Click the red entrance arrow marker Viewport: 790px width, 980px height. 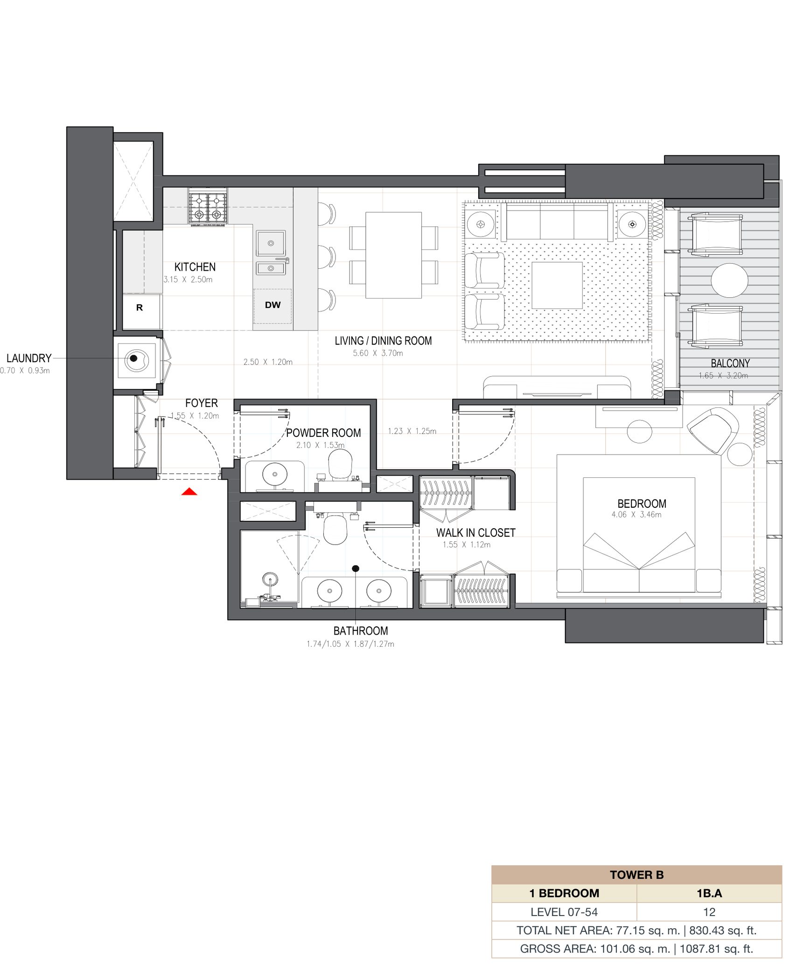[x=189, y=491]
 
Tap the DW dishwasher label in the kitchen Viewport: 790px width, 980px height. [x=273, y=305]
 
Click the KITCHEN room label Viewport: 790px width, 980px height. [x=195, y=267]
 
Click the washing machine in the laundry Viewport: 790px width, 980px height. [x=137, y=360]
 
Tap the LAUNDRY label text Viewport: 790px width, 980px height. [x=29, y=358]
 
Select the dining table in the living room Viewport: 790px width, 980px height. [x=394, y=255]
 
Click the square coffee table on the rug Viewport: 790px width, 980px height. [x=557, y=285]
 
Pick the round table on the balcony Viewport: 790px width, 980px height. [x=729, y=280]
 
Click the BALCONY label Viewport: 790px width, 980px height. [x=730, y=363]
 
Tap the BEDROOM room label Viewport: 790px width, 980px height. [x=642, y=504]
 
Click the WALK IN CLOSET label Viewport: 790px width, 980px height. [x=475, y=532]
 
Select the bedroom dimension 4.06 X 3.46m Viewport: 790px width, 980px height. [x=636, y=515]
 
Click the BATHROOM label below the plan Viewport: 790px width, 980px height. [x=361, y=631]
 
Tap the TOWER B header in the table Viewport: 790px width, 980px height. [x=636, y=875]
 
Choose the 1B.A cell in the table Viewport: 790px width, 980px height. [x=709, y=893]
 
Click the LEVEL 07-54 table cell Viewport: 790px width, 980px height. [x=564, y=912]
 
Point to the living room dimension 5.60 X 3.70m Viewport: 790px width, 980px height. [x=378, y=353]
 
